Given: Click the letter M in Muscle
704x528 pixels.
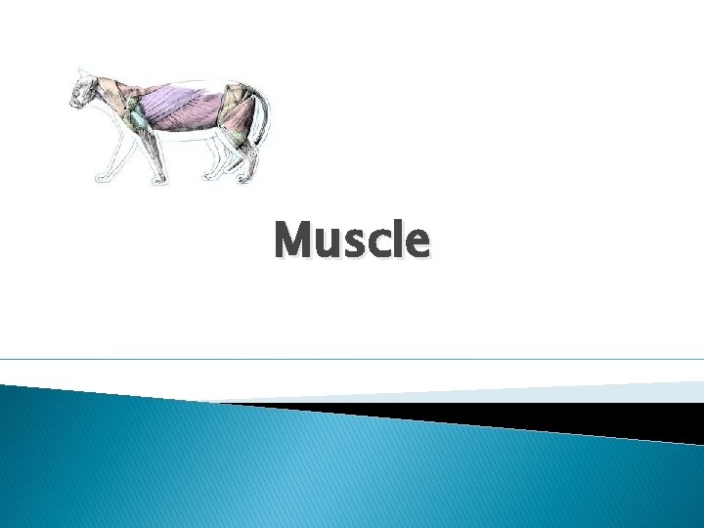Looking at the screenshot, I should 294,241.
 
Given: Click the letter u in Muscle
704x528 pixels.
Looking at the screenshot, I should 330,244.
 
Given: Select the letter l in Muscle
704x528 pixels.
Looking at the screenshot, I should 399,240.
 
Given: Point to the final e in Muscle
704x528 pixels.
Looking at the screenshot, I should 417,244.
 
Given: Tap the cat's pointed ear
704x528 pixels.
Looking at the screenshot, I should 82,72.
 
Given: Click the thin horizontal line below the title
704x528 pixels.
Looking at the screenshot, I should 352,359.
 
